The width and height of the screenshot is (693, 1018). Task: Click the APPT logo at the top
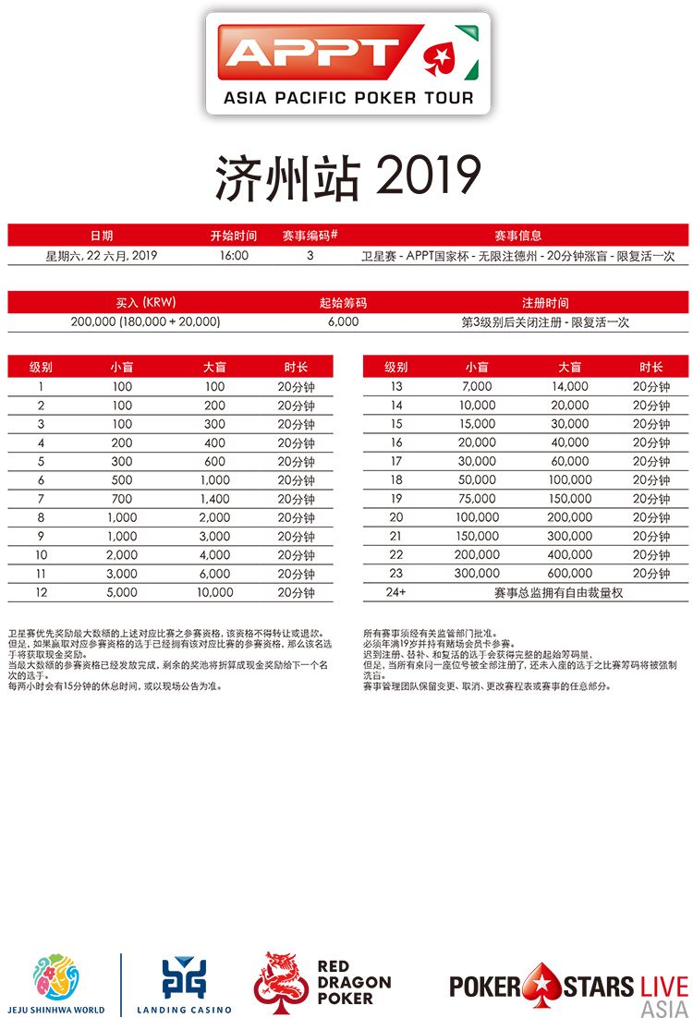click(347, 63)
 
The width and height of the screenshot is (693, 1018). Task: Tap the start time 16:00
click(234, 256)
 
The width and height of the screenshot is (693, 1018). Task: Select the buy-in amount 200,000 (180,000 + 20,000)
click(145, 322)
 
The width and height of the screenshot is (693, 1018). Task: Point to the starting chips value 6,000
click(343, 322)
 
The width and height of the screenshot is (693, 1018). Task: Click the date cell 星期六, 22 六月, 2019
click(102, 256)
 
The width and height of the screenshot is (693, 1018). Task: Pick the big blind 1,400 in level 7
click(214, 499)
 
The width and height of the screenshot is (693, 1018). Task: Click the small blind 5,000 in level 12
click(122, 592)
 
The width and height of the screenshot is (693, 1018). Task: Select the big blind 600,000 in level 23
click(570, 574)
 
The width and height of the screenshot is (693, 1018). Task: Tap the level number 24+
click(396, 592)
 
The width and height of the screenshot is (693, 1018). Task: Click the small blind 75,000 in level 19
click(478, 499)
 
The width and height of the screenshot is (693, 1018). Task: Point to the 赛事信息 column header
click(518, 236)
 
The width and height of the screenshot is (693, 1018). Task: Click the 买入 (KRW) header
click(145, 302)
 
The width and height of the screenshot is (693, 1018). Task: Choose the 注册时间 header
click(545, 302)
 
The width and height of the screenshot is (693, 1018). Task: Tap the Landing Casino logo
click(184, 984)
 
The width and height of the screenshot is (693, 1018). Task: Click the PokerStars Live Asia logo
click(568, 986)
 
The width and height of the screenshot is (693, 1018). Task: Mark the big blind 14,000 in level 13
click(570, 387)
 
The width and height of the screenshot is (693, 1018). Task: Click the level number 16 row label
click(396, 442)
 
